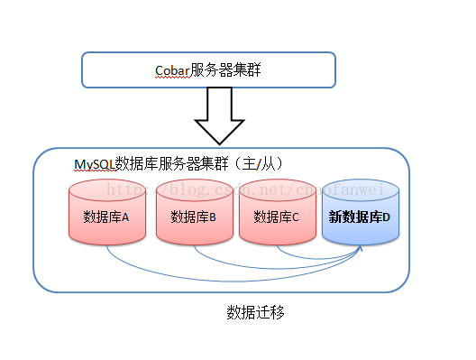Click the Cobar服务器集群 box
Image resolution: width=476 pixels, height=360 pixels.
[x=208, y=69]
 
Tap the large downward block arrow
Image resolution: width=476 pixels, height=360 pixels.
[x=219, y=116]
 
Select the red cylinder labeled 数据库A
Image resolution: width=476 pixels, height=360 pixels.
[x=106, y=213]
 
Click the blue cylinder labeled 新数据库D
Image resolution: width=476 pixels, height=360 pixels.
[x=360, y=213]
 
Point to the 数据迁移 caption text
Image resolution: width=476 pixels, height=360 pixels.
[x=257, y=312]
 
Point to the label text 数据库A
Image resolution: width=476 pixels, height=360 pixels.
[x=106, y=217]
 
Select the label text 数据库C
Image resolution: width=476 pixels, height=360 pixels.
[x=277, y=217]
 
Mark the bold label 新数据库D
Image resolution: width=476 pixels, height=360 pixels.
[x=360, y=217]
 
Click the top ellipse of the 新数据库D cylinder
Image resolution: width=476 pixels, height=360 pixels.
[x=360, y=189]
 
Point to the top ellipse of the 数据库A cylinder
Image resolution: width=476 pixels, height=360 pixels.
[x=106, y=189]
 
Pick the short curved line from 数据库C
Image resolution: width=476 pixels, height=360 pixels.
[x=316, y=255]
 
